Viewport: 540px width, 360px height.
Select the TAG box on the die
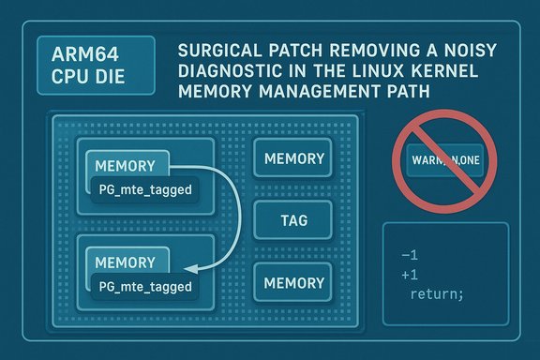pyautogui.click(x=293, y=222)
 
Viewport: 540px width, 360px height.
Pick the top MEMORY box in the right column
pyautogui.click(x=293, y=159)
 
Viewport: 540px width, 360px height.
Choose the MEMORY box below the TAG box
pyautogui.click(x=293, y=282)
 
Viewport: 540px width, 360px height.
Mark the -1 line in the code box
pyautogui.click(x=409, y=255)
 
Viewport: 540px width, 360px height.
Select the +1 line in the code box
pyautogui.click(x=409, y=275)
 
